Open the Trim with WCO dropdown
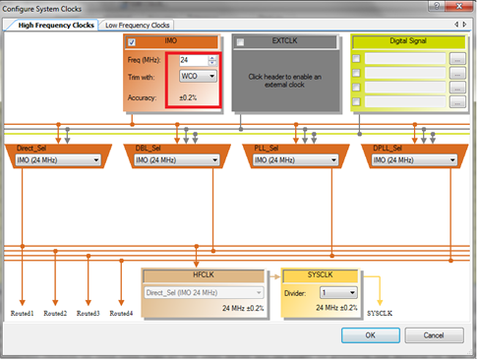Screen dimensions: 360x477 tap(199, 76)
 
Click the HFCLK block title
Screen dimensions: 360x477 tap(209, 275)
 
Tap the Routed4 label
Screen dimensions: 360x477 tap(120, 313)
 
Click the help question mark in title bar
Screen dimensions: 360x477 tap(441, 8)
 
